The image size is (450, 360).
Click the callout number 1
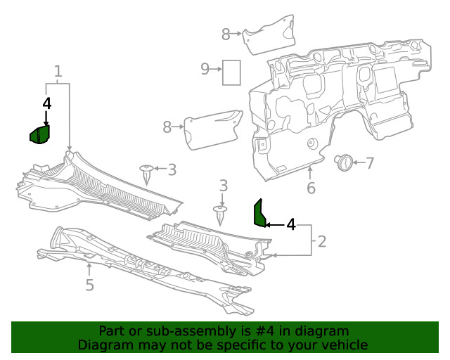point(58,71)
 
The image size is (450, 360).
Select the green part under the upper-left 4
point(39,134)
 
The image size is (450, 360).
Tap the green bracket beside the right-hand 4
point(259,214)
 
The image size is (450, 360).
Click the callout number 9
point(205,69)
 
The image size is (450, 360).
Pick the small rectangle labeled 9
point(231,72)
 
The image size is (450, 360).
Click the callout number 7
point(370,163)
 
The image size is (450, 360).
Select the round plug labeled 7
point(344,162)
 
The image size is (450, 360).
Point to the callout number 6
point(311,188)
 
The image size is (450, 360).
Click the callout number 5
point(89,285)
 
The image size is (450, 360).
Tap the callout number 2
point(322,242)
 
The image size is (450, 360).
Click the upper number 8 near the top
point(226,33)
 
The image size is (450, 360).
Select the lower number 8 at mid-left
point(167,127)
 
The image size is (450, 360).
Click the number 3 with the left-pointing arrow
point(172,169)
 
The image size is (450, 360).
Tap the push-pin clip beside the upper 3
point(147,172)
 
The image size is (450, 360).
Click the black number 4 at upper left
point(47,103)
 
